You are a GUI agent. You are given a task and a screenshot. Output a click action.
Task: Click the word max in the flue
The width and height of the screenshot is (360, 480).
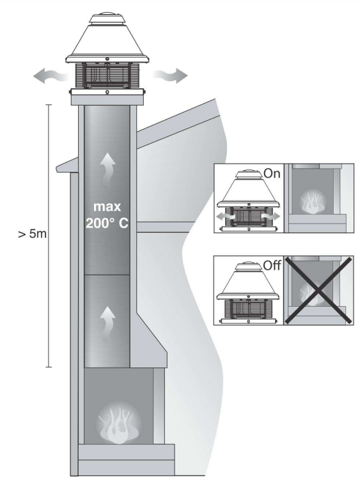point(107,207)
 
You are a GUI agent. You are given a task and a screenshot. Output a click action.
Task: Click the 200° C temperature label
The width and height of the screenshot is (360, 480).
point(107,223)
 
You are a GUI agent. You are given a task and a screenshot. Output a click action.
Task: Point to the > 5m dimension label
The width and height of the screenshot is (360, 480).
point(33,234)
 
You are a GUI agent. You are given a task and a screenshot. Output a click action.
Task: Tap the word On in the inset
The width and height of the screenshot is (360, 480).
point(272,173)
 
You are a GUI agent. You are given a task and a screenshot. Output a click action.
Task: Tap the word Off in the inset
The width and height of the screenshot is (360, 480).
point(272,265)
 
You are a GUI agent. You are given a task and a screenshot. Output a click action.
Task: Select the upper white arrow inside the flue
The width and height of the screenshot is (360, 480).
point(108,170)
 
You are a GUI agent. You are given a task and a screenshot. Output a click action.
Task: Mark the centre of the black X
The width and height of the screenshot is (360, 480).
point(318,290)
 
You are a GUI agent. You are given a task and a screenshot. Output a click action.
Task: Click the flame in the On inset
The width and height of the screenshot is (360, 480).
point(312,202)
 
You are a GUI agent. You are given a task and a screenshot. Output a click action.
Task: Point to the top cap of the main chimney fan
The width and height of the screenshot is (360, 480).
point(107,19)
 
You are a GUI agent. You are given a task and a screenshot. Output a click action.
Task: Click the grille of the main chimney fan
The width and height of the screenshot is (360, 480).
point(107,76)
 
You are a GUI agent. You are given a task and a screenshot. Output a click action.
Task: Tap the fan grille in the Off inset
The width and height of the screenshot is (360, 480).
point(248,309)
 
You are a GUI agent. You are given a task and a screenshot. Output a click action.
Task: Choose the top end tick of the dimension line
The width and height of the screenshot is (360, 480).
point(49,105)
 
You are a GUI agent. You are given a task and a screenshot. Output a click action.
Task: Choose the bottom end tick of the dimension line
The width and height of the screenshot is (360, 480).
point(49,366)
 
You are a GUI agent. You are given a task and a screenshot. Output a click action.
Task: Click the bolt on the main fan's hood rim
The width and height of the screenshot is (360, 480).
point(107,59)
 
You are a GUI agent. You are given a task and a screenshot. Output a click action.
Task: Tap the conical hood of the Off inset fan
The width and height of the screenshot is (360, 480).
point(248,282)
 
